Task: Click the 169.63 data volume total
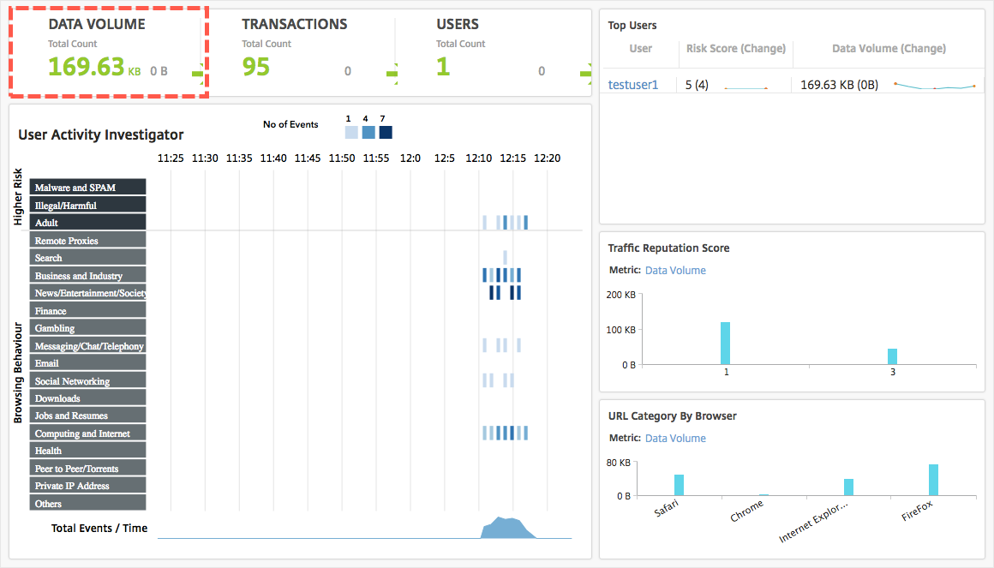point(86,66)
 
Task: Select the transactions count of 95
point(255,66)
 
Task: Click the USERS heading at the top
point(457,24)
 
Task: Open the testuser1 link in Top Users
point(632,85)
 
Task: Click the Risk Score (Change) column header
point(736,49)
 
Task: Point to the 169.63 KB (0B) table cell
point(839,85)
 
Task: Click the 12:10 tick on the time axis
point(478,158)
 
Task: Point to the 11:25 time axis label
point(171,158)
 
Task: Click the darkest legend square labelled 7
point(386,132)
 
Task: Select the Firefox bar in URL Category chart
point(933,480)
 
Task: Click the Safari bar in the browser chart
point(679,485)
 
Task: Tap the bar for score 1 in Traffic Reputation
point(725,343)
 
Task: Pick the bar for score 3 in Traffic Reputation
point(892,356)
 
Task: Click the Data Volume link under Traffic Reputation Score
point(675,271)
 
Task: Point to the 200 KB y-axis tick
point(621,295)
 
